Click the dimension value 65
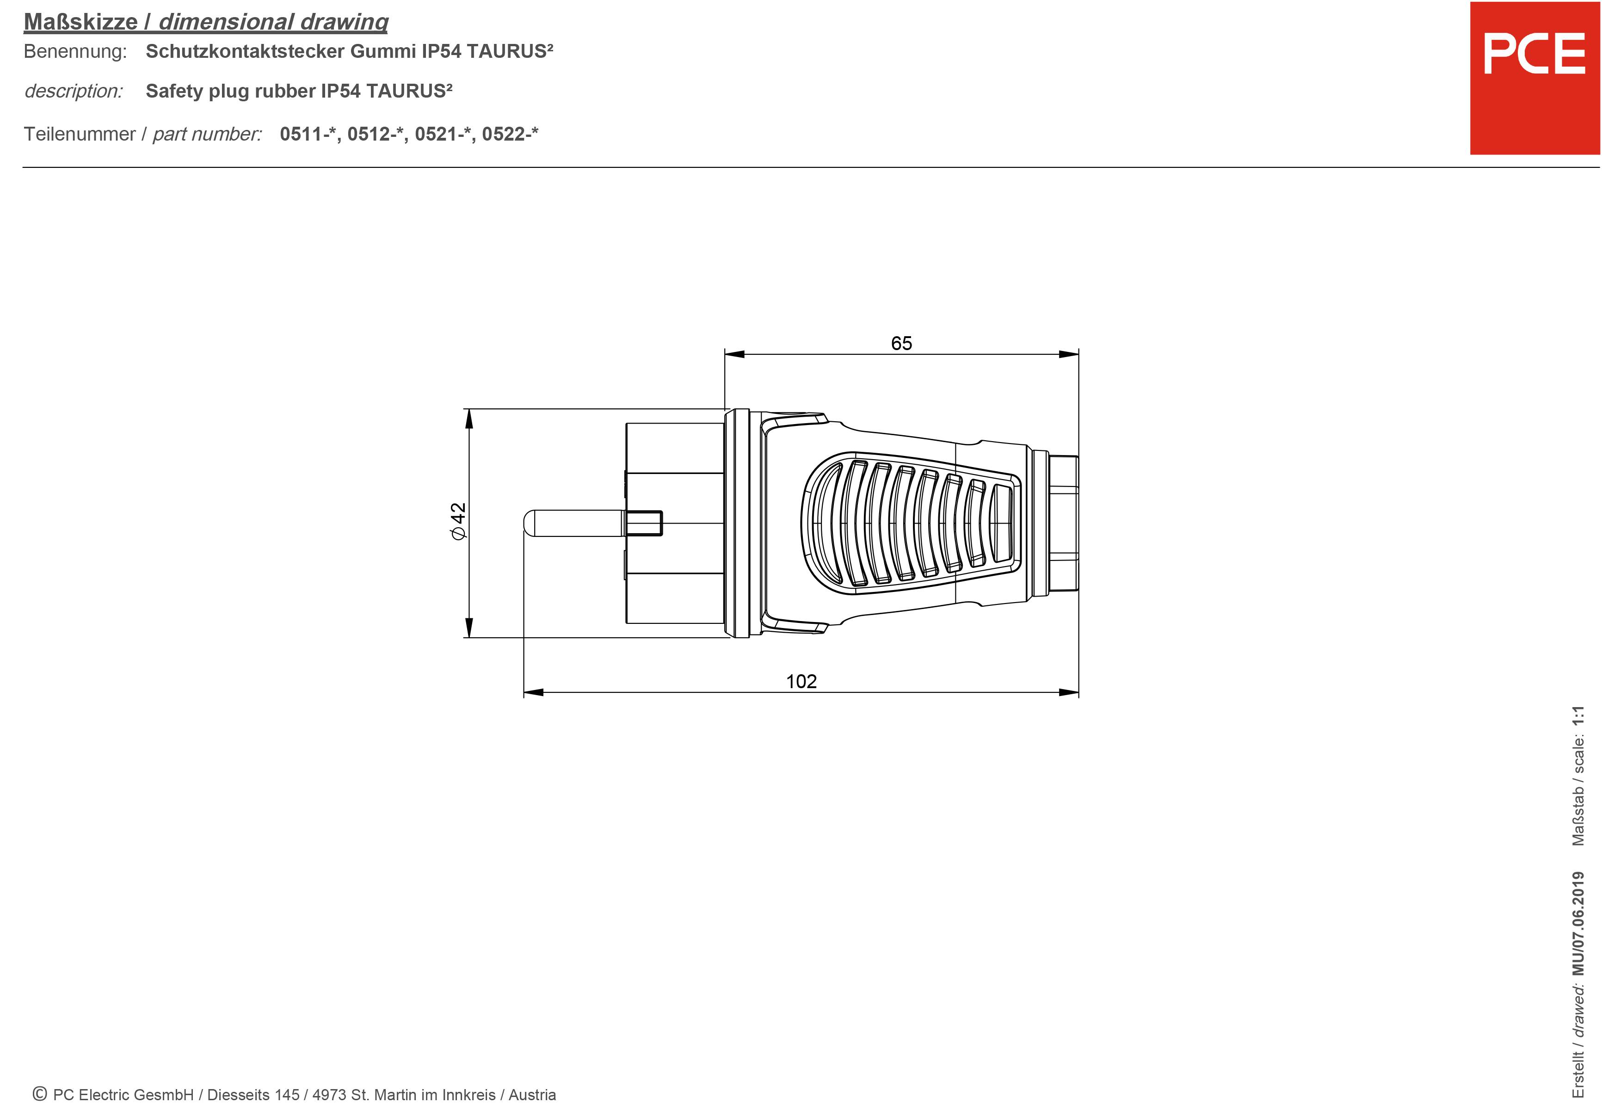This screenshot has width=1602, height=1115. tap(901, 343)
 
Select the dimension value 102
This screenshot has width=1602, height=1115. tap(801, 681)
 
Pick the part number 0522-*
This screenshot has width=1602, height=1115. tap(509, 134)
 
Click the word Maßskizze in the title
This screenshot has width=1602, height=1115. tap(80, 22)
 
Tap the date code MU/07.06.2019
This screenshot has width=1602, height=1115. tap(1577, 923)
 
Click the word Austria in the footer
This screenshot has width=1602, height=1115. tap(532, 1095)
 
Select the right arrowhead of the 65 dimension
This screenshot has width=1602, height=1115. tap(1068, 354)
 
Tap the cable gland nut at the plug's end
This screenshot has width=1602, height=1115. tap(1063, 524)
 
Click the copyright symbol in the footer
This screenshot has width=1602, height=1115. tap(40, 1094)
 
